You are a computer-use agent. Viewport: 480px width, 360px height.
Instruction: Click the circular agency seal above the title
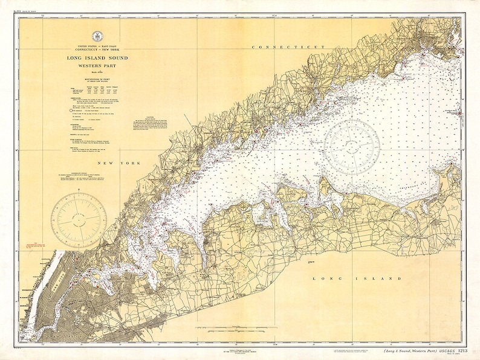97,36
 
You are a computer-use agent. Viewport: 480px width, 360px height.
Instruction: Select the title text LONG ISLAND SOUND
97,58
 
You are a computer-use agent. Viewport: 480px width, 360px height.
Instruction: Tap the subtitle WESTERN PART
97,65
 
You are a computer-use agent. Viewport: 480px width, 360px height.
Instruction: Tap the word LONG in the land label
325,278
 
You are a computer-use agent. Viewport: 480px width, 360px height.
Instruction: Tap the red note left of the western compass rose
36,246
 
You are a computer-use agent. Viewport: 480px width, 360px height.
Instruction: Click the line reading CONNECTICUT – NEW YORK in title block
97,48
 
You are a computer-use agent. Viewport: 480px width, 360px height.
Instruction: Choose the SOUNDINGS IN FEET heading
97,83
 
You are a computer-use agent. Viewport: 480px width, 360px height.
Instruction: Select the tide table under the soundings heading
97,92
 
